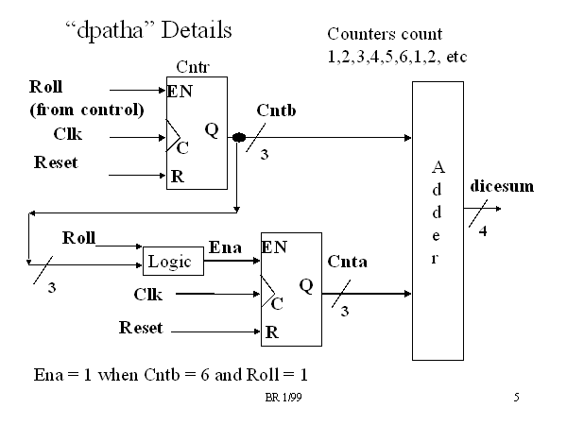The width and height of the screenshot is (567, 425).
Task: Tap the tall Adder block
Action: coord(438,220)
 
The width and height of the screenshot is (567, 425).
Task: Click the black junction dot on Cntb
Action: coord(239,138)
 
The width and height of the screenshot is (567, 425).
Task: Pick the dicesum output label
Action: coord(502,187)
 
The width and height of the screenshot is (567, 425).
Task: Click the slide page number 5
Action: coord(517,399)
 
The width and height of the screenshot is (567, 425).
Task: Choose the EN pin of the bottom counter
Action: coord(274,248)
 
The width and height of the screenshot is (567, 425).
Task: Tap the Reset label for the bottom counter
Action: coord(140,328)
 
